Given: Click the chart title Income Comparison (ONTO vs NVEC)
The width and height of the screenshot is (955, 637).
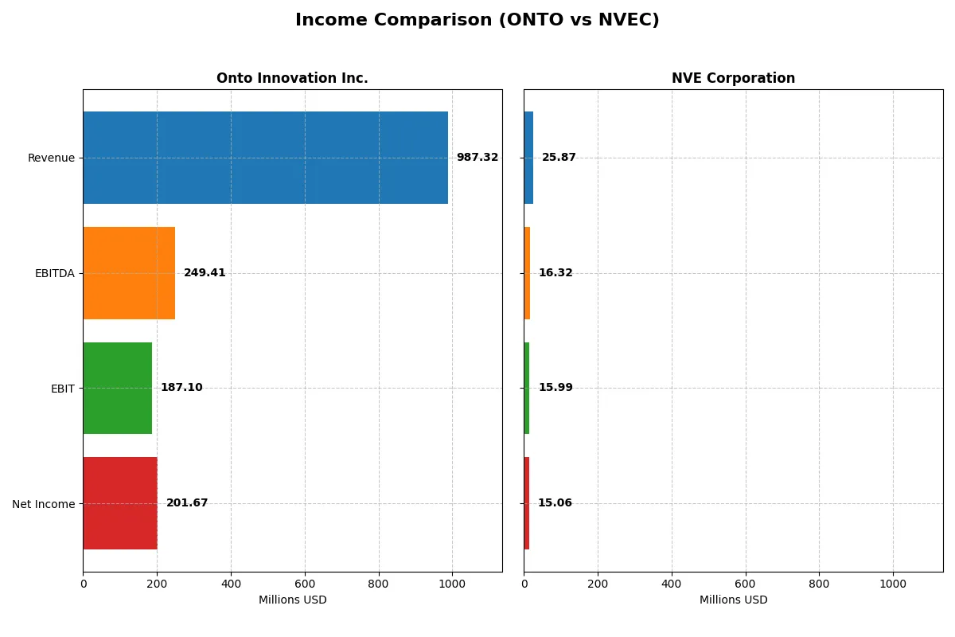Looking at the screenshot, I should (x=477, y=21).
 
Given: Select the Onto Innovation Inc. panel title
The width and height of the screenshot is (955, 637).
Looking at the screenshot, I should (x=292, y=79).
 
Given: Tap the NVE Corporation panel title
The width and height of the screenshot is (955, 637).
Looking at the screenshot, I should (x=733, y=79).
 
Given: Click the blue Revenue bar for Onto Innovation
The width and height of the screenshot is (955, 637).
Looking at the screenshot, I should (x=265, y=158).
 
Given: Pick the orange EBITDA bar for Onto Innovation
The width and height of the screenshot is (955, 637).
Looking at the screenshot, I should (x=129, y=273).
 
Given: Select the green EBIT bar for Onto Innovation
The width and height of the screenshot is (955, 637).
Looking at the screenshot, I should (x=117, y=389).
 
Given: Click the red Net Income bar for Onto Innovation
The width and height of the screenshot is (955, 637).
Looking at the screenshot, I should (x=120, y=503).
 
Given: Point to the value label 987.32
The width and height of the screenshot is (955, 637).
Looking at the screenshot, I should (x=477, y=158).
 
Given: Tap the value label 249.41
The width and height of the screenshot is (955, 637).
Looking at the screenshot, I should (x=205, y=273).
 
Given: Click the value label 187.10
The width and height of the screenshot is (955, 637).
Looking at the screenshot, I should (x=181, y=388).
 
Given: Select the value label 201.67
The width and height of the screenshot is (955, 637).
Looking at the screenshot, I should (x=187, y=503).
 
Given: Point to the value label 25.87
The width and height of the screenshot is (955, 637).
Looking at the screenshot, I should (x=559, y=158).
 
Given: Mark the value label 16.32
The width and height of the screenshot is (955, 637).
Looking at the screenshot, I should (x=555, y=273).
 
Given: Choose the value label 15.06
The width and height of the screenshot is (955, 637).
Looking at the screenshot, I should (x=555, y=503).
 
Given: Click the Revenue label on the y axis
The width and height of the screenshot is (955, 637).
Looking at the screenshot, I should (x=51, y=158).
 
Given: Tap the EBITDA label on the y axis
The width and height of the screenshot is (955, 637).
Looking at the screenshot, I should (x=54, y=273).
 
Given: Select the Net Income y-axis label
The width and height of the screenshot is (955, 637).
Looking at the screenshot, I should (x=43, y=503).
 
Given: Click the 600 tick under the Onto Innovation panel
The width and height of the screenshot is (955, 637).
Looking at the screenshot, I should (x=305, y=584).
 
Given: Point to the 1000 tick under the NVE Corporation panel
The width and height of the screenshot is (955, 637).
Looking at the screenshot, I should (x=893, y=584).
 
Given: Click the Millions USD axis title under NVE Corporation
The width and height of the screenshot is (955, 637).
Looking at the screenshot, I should (x=733, y=600).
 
